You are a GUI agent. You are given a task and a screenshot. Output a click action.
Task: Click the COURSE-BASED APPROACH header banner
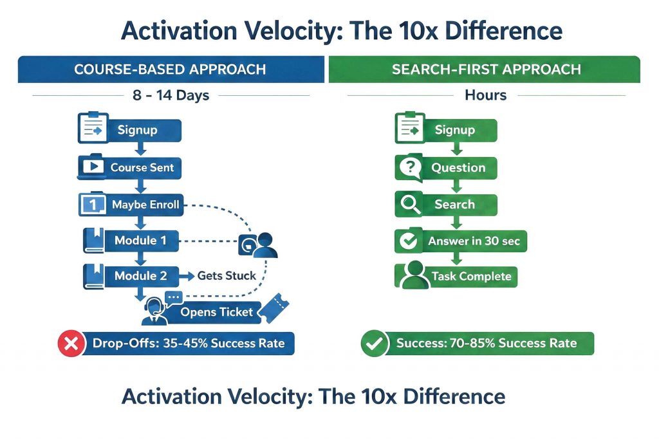coord(170,69)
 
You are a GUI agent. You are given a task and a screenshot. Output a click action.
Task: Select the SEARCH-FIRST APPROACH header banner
coord(485,69)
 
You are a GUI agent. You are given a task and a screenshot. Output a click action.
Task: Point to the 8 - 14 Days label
coord(170,96)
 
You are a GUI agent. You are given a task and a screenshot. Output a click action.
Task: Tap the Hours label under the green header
coord(485,96)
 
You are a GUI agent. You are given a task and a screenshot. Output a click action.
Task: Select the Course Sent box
coord(142,168)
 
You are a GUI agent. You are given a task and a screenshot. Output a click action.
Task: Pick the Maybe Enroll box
coord(145,205)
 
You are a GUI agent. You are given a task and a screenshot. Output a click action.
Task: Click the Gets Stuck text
coord(226,276)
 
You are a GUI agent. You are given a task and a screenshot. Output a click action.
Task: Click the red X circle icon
coord(71,344)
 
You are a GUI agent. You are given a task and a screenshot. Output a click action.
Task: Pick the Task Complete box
coord(470,277)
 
